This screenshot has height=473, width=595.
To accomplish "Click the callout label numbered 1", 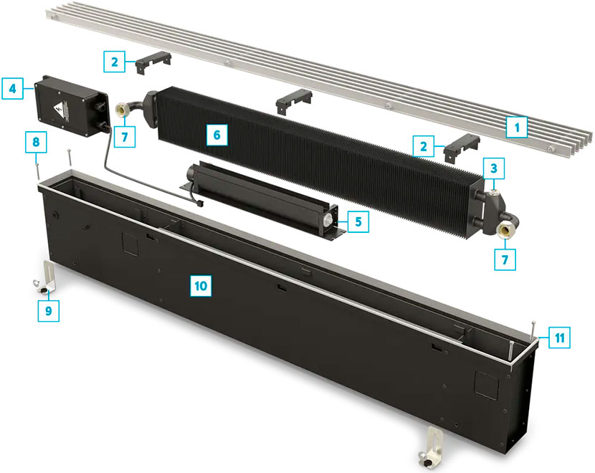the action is click(517, 127).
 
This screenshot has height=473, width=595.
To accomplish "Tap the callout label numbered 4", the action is click(12, 89).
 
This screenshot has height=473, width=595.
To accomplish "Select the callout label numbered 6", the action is click(216, 135).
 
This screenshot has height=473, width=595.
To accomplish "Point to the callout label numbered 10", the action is click(201, 286).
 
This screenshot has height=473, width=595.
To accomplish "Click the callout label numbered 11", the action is click(559, 338).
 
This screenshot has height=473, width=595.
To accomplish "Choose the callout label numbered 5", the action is click(358, 221).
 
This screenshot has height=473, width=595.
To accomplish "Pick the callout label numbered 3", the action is click(494, 168).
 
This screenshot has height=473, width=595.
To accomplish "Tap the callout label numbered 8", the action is click(36, 142).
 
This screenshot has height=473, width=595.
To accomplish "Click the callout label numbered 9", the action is click(48, 310).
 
